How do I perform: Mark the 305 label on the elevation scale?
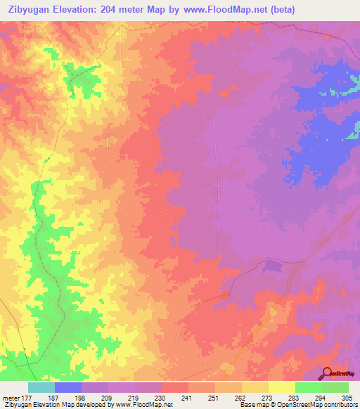pos(345,397)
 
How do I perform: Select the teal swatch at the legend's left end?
pos(41,387)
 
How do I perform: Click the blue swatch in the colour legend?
pos(68,387)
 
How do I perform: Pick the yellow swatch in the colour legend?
pos(282,387)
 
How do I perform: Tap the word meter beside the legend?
pos(10,397)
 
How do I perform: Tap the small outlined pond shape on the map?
pos(271,266)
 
